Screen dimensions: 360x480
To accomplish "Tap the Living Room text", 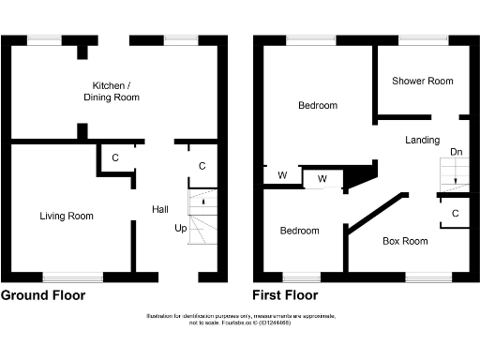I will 67,217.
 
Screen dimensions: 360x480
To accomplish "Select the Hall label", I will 160,209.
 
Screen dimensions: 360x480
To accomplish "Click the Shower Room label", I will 422,82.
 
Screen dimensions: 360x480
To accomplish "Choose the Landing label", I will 422,141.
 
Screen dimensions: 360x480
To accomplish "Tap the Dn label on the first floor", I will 456,152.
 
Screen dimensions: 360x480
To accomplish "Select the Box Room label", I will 405,241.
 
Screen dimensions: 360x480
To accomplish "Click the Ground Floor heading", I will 43,295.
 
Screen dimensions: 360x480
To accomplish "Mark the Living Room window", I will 72,277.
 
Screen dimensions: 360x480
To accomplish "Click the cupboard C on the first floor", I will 455,214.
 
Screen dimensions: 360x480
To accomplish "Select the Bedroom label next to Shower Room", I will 318,106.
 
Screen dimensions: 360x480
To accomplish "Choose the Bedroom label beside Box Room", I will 299,231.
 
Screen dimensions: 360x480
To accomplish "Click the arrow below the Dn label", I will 455,177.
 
